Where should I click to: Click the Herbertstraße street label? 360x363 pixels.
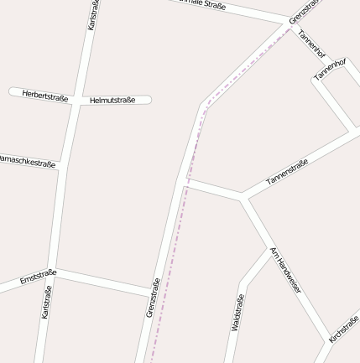45,96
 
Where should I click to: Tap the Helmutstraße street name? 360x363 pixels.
112,101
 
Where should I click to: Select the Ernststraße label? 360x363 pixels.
38,277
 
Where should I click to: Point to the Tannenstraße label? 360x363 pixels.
287,173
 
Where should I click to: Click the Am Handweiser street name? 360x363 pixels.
285,270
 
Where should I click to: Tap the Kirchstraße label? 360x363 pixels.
344,329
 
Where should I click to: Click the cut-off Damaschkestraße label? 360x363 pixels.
27,161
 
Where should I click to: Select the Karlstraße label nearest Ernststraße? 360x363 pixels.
47,302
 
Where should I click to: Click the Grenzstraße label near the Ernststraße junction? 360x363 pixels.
153,298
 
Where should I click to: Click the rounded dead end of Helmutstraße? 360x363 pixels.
148,100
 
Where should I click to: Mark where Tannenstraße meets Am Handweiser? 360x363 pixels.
243,198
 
